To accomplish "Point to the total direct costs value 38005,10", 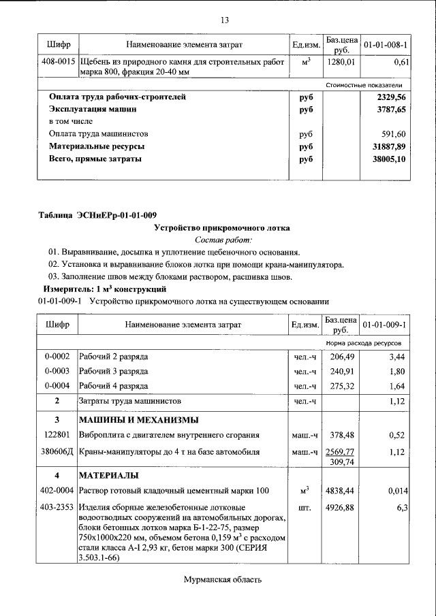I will click(x=390, y=159).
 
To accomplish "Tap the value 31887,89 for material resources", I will click(x=390, y=146).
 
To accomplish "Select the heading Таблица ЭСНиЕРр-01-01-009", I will click(x=97, y=216).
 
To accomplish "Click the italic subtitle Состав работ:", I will click(x=223, y=240).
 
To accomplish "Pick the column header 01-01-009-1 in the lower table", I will click(x=385, y=325).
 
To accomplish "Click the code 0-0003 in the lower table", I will click(x=57, y=372).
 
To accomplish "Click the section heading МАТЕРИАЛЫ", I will click(x=109, y=474).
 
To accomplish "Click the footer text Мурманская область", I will click(x=222, y=580).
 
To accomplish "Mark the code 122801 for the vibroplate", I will click(x=57, y=435).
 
